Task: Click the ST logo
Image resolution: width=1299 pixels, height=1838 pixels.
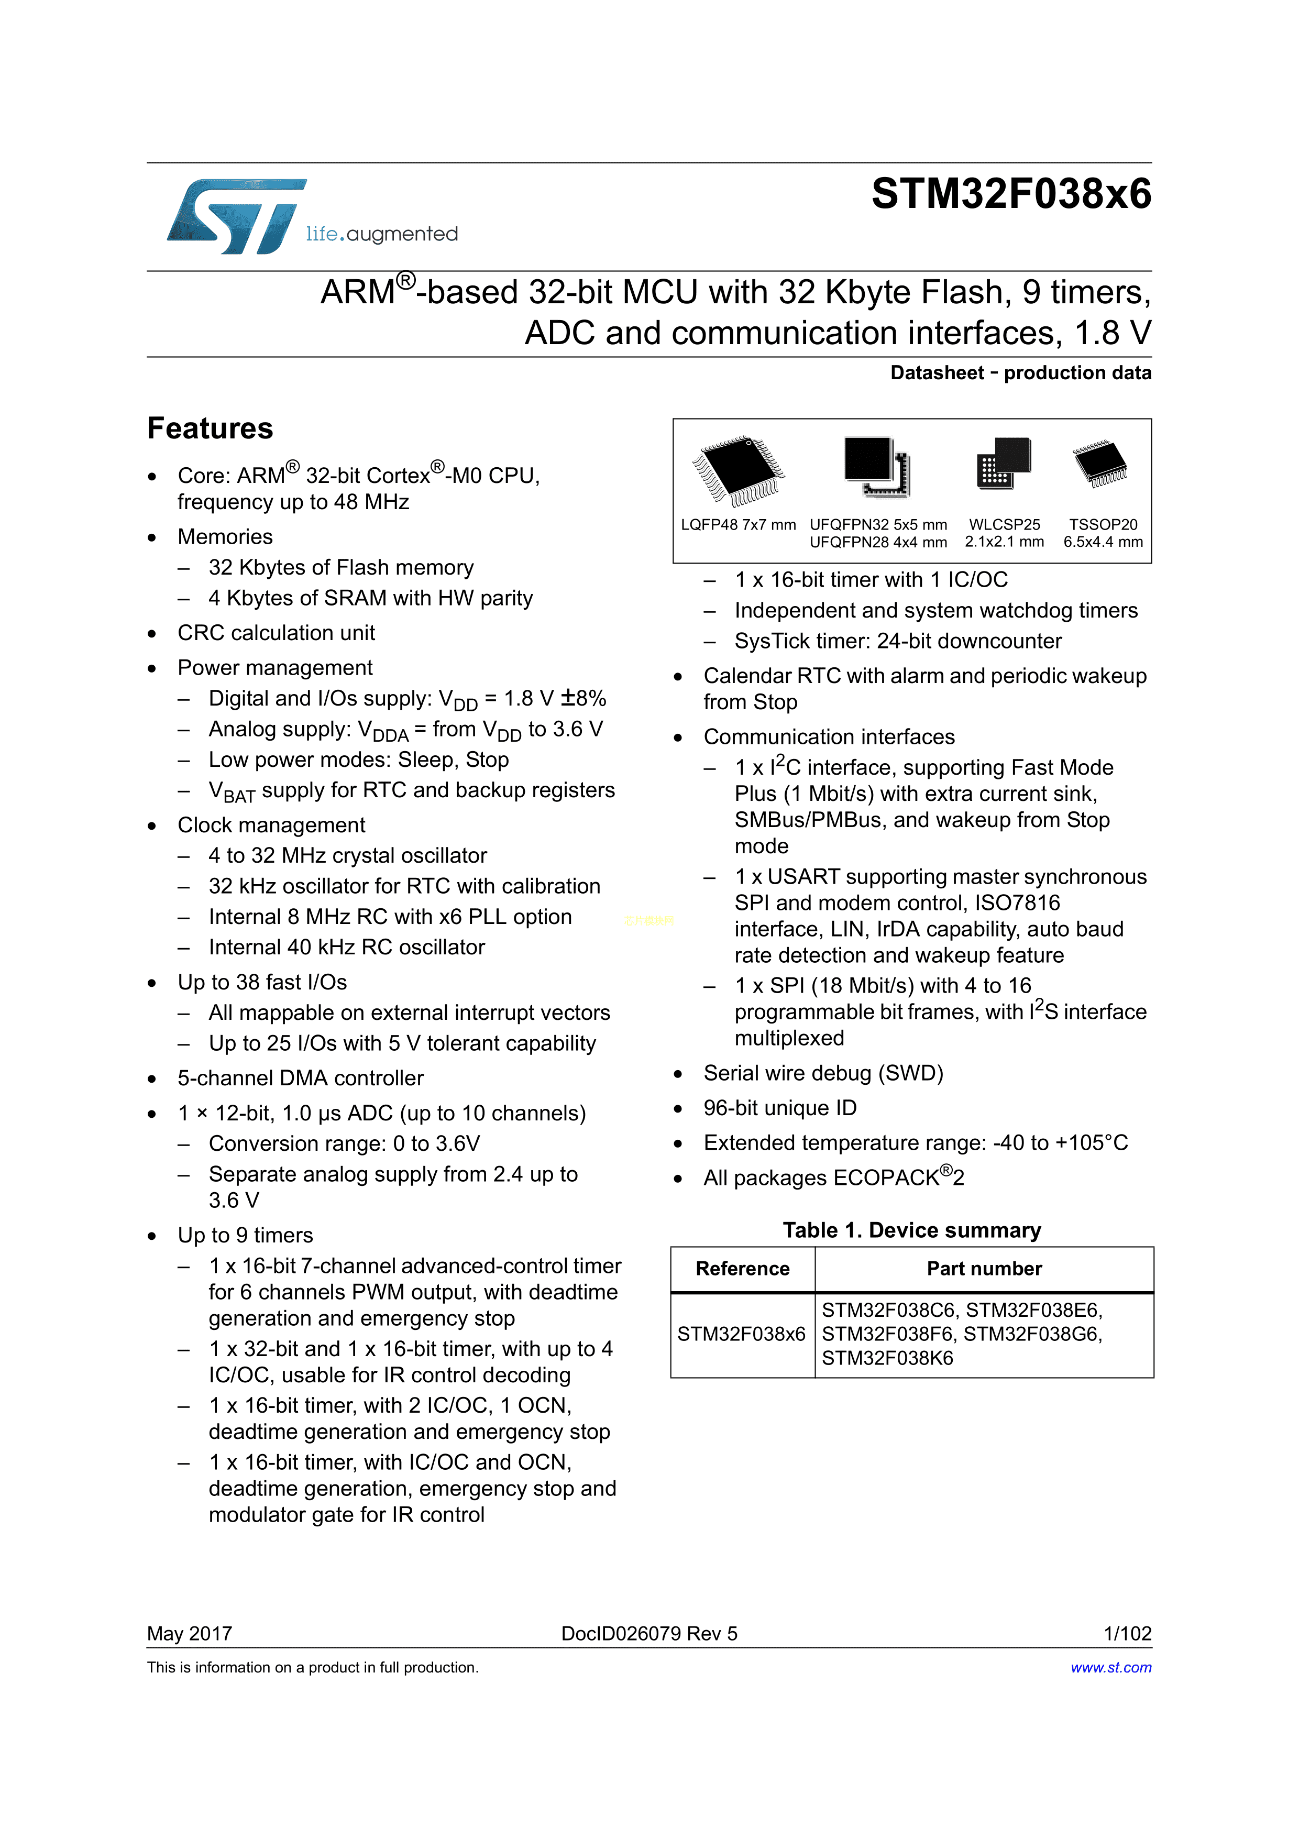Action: pos(237,216)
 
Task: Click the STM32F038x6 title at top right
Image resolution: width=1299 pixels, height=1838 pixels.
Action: pos(1011,194)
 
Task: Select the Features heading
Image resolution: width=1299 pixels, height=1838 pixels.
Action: pos(210,428)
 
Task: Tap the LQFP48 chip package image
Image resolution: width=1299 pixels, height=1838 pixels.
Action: pos(738,471)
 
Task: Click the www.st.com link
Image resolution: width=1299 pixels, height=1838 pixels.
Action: pos(1111,1667)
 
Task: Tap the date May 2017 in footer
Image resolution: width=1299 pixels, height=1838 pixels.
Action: pos(190,1633)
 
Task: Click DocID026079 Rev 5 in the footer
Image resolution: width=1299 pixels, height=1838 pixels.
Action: pos(649,1633)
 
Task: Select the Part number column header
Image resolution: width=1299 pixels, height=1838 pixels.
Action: pos(984,1269)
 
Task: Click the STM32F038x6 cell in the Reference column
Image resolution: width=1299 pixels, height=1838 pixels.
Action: pos(741,1334)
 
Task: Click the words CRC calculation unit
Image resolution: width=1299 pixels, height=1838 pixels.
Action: pos(276,633)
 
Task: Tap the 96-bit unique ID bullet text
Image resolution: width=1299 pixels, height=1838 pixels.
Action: pos(779,1108)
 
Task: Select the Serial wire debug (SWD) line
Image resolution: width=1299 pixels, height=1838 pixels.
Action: pos(823,1073)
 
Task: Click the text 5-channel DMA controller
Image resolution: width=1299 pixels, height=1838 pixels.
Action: pos(300,1078)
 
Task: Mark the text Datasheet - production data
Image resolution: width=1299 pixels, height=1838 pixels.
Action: pos(1020,373)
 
